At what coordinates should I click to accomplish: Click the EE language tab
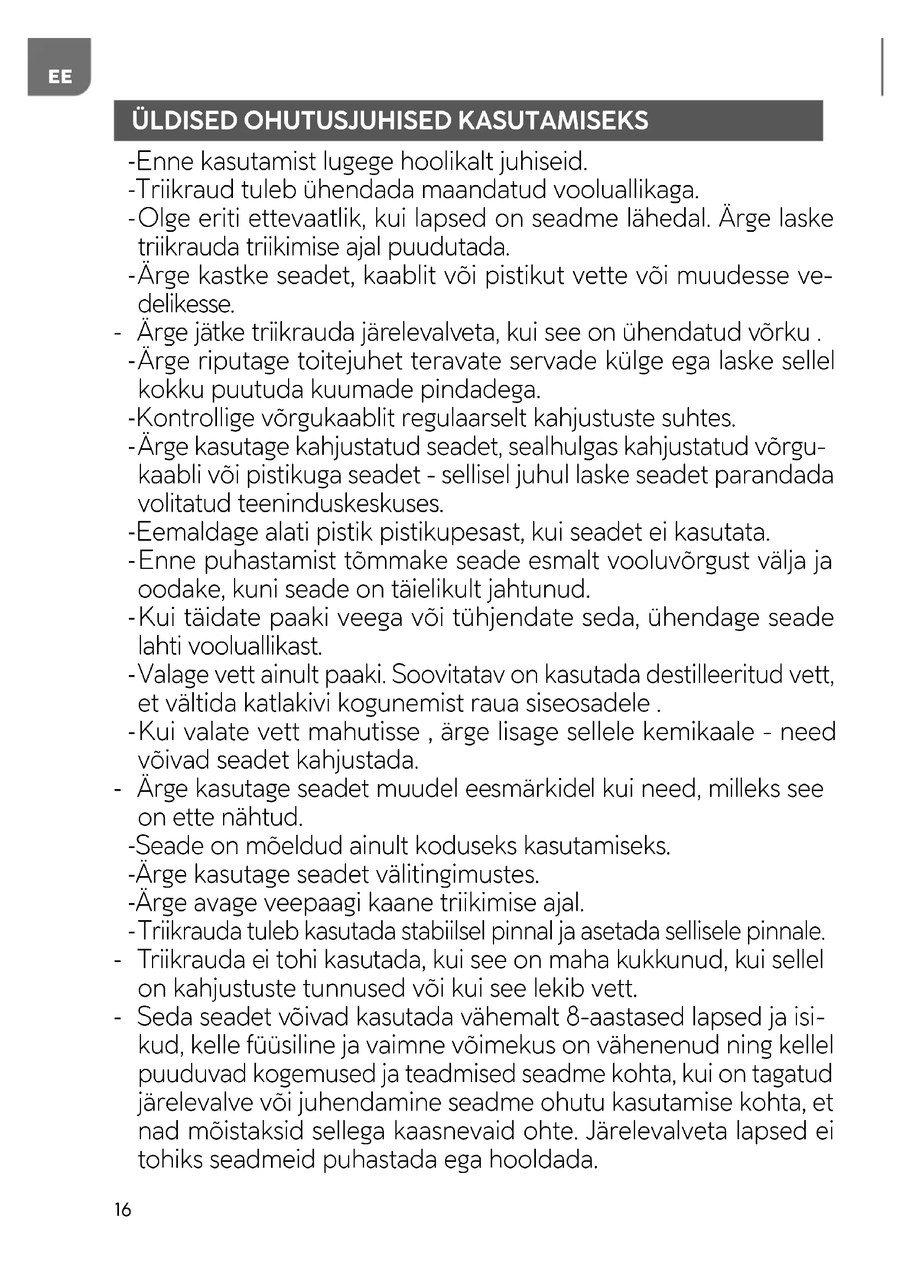(59, 77)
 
